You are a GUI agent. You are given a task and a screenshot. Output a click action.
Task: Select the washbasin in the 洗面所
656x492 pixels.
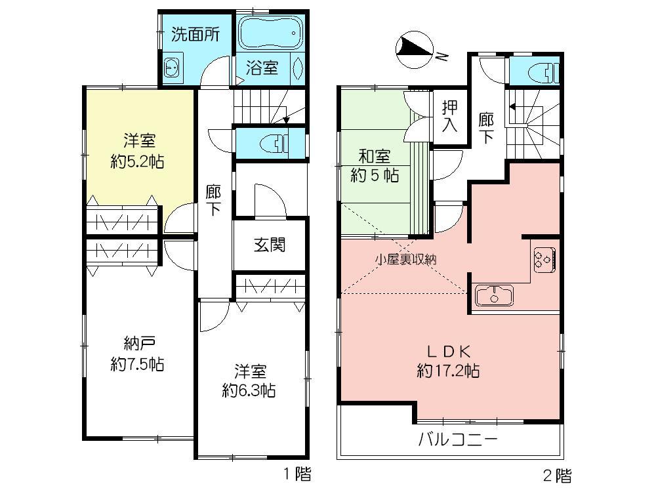173,68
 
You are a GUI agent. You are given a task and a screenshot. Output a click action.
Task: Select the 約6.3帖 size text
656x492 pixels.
249,392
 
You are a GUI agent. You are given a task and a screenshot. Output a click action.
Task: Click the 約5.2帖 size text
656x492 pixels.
137,161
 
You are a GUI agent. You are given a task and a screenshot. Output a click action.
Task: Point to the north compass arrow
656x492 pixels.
414,48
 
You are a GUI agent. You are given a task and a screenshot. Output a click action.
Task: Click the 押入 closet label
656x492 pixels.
449,116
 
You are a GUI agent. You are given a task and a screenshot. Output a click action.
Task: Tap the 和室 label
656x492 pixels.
374,157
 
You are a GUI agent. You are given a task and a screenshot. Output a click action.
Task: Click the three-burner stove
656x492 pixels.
544,258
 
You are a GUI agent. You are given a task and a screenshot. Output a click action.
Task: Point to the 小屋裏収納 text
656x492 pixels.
405,259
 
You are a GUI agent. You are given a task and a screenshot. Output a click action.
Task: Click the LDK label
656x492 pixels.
448,350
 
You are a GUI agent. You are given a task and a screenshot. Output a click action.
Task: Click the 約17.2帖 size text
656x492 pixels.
448,371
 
